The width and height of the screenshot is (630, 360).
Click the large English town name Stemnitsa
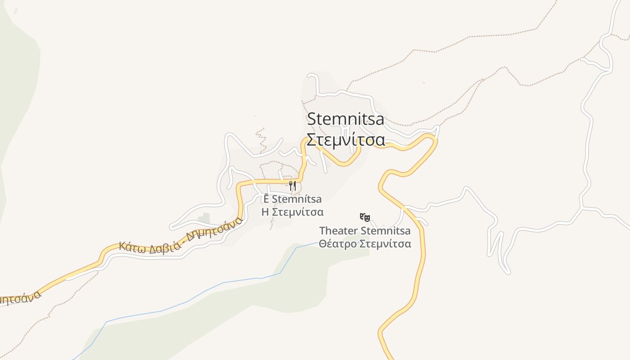click(346, 119)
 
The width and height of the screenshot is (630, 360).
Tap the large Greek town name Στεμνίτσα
click(346, 139)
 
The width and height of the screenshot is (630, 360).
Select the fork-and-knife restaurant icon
click(292, 185)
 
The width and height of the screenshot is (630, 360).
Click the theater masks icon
click(365, 217)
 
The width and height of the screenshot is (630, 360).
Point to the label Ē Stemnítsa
click(292, 198)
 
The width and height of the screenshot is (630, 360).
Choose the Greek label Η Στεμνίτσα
click(292, 211)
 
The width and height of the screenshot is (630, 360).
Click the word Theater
click(338, 231)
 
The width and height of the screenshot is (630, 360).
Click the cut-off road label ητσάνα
click(20, 298)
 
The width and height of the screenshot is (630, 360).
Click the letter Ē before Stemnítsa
click(266, 198)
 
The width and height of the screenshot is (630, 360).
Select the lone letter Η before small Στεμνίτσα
click(265, 211)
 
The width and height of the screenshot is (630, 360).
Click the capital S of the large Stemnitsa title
click(312, 119)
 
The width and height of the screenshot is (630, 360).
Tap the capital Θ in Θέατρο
click(323, 244)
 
